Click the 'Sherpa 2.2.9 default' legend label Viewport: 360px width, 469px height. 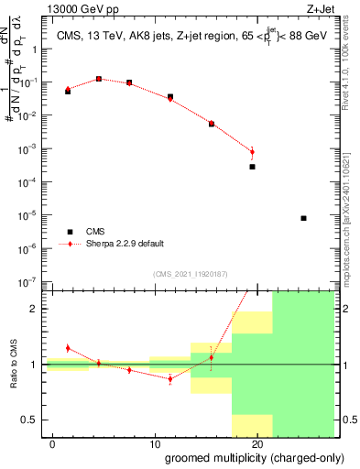coord(125,244)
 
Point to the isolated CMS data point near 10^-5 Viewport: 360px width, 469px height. coord(303,218)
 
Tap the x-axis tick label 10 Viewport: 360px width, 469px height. coord(155,442)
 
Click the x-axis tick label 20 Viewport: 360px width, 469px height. coord(257,442)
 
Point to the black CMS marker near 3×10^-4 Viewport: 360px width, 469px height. coord(252,167)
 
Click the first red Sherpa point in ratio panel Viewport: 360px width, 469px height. coord(68,348)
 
